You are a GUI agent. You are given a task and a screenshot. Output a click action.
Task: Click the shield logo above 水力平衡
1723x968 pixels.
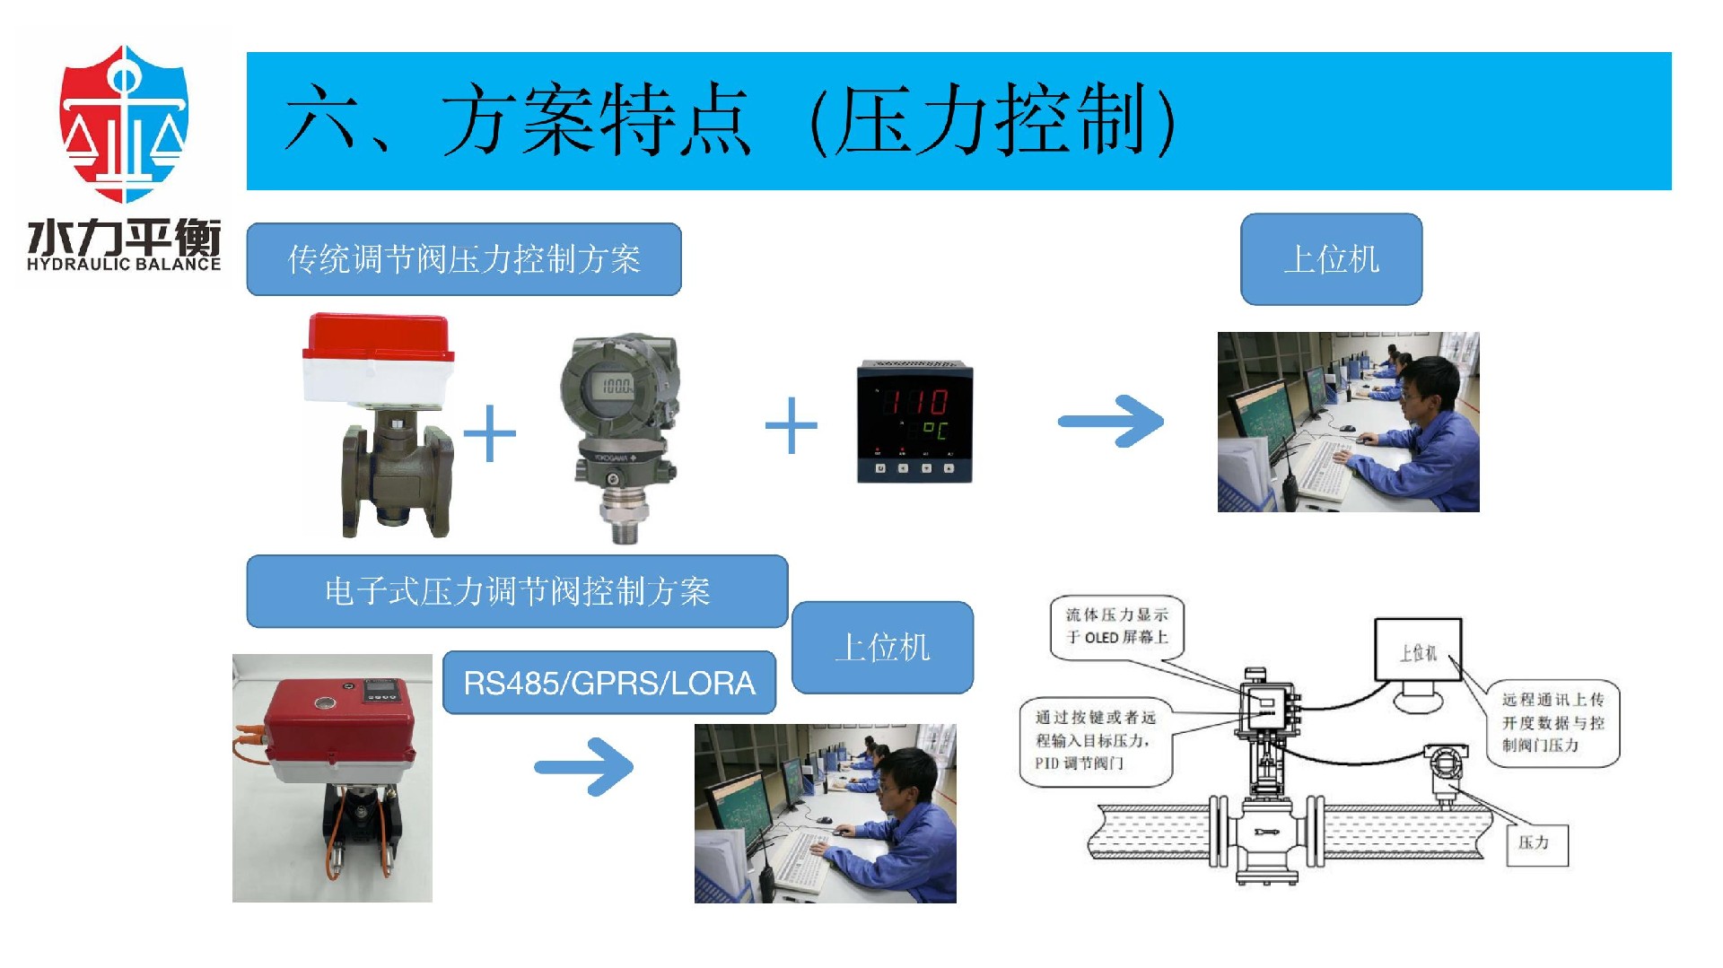pyautogui.click(x=124, y=124)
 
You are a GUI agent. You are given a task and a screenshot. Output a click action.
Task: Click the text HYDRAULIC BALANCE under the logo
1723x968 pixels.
pyautogui.click(x=124, y=265)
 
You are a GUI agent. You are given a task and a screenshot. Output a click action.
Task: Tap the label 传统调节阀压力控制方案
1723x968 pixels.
pyautogui.click(x=463, y=259)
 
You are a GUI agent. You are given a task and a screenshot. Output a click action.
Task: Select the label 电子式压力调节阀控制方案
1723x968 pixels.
pyautogui.click(x=517, y=591)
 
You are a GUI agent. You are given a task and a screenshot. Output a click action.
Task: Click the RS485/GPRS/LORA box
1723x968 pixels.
pyautogui.click(x=608, y=683)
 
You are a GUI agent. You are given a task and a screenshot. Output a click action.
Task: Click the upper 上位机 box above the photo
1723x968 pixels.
pyautogui.click(x=1331, y=259)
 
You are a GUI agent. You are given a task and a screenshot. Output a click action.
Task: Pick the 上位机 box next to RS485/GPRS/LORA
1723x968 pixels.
pyautogui.click(x=882, y=647)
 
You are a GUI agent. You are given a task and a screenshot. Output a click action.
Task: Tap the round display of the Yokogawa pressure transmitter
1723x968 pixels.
pyautogui.click(x=615, y=386)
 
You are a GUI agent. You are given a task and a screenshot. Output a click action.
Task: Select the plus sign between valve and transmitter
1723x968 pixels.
pyautogui.click(x=489, y=433)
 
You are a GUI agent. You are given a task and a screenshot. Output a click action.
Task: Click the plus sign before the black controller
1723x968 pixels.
pyautogui.click(x=791, y=425)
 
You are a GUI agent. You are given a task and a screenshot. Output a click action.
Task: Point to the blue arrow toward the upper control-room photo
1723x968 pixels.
pyautogui.click(x=1112, y=421)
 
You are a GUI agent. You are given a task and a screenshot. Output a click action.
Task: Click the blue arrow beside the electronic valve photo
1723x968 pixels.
pyautogui.click(x=585, y=766)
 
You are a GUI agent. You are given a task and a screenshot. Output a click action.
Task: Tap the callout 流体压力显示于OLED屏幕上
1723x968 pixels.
pyautogui.click(x=1116, y=626)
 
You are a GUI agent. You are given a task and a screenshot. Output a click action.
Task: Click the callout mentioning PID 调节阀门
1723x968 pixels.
pyautogui.click(x=1095, y=740)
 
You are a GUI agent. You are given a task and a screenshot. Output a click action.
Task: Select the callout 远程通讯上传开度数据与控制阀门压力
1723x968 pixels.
pyautogui.click(x=1552, y=722)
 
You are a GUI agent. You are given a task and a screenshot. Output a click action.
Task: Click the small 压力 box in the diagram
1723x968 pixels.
pyautogui.click(x=1536, y=843)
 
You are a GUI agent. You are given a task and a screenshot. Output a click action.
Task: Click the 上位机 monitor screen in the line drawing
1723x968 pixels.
pyautogui.click(x=1418, y=650)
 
